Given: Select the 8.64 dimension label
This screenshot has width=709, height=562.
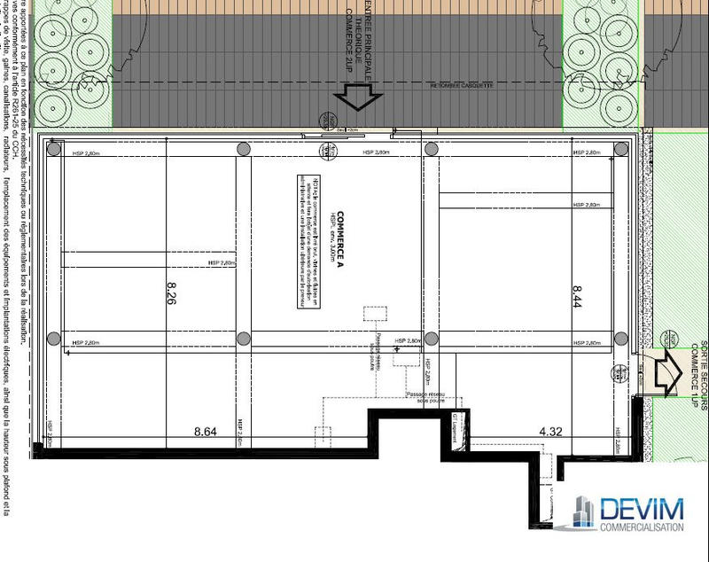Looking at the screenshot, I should coord(206,433).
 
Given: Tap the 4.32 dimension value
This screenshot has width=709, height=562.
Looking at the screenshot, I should coord(552,433).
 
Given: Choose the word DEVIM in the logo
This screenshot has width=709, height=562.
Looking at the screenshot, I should coord(642,510).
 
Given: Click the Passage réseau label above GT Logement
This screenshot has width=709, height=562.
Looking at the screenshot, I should coord(428,397).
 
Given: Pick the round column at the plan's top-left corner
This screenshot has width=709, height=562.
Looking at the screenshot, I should coord(53,149).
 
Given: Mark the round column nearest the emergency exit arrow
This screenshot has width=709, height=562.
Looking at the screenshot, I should coord(621,338).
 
